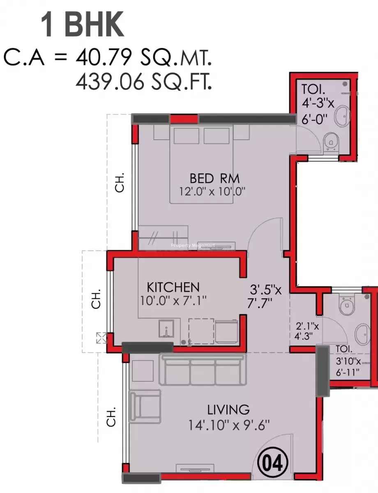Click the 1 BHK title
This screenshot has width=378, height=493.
click(x=83, y=25)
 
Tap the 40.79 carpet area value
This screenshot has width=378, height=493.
click(x=104, y=58)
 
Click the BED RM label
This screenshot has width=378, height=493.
click(x=214, y=178)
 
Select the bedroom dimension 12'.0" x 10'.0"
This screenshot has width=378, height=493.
click(x=212, y=192)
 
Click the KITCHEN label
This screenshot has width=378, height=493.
click(x=173, y=288)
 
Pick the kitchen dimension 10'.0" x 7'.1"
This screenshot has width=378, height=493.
click(x=173, y=301)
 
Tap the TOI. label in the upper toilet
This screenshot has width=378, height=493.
click(x=313, y=89)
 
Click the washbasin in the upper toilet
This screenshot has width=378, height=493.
click(x=343, y=116)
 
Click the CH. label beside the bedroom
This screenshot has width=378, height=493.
click(x=120, y=182)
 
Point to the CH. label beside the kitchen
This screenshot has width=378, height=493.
click(x=96, y=299)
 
